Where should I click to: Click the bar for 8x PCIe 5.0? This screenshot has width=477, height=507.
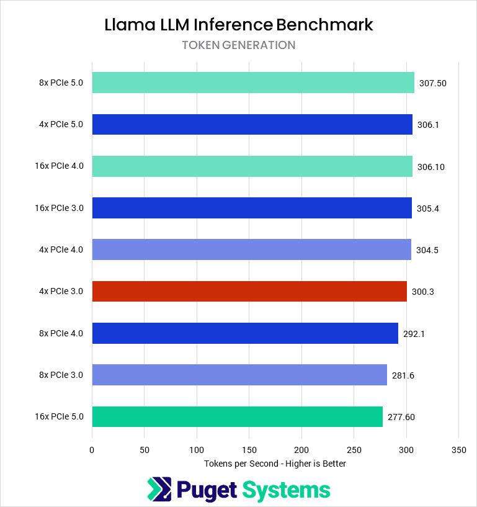point(253,83)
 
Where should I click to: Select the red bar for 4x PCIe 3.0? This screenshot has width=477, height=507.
point(249,291)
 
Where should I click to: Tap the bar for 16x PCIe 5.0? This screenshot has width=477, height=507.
point(238,416)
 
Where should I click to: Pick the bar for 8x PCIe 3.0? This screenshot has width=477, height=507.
point(239,375)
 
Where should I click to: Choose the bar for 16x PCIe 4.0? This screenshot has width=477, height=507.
point(252,166)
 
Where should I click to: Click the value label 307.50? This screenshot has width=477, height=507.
point(432,83)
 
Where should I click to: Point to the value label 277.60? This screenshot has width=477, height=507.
point(401,417)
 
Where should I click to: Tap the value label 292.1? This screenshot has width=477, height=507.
point(414,333)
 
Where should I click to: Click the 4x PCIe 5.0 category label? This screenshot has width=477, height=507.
point(61,124)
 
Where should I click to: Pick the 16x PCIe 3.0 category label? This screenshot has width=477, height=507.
point(59,208)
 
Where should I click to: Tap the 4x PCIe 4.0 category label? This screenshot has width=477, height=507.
point(61,249)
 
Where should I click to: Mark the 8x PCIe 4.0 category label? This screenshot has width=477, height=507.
point(61,333)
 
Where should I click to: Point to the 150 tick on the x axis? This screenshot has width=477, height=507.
point(249,449)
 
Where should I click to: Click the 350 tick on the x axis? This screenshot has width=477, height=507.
point(458,449)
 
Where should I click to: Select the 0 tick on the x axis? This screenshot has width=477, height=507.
point(92,449)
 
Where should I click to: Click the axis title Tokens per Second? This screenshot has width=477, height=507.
point(275,464)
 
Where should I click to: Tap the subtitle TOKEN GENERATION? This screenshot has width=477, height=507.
point(238,45)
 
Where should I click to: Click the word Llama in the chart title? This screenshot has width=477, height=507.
point(128,25)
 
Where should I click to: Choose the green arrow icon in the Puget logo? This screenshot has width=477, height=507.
point(159,490)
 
